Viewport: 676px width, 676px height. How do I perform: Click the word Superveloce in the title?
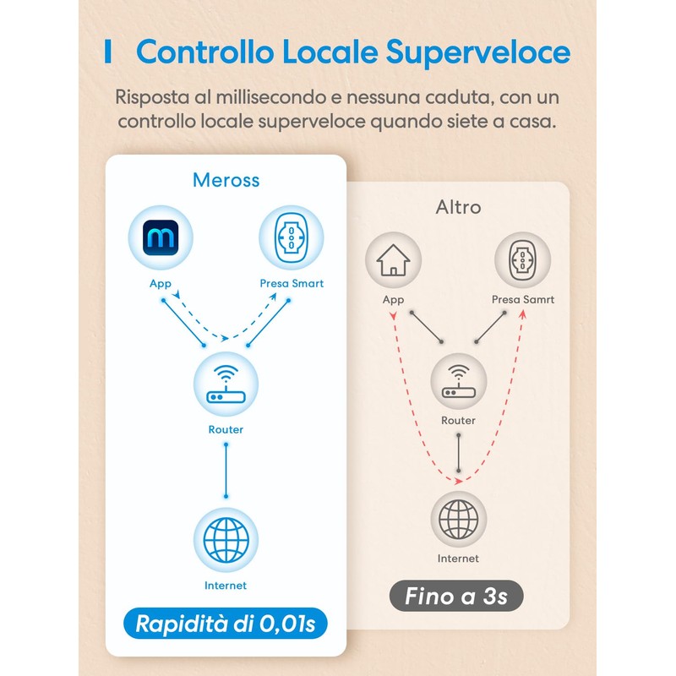478,52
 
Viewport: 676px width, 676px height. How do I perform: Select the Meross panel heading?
226,180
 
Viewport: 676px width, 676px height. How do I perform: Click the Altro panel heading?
458,207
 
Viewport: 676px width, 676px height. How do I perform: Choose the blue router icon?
226,384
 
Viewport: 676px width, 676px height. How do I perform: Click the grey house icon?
393,260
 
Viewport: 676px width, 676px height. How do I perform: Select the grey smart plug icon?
522,260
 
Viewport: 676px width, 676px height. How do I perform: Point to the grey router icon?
458,381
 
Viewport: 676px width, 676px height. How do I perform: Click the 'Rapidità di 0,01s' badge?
226,624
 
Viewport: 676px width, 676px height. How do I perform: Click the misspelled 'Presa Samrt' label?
523,300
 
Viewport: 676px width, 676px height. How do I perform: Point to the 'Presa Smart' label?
292,284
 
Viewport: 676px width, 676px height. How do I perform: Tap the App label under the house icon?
393,300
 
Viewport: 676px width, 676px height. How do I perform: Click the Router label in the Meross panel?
226,429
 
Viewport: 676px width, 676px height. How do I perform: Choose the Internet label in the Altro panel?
458,559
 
